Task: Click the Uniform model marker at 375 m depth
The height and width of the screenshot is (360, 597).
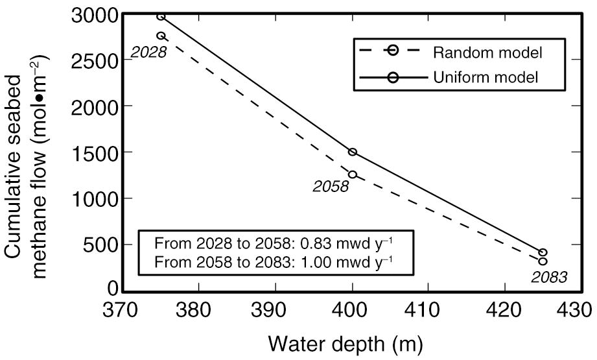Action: [x=161, y=16]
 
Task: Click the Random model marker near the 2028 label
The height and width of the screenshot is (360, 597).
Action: [x=161, y=36]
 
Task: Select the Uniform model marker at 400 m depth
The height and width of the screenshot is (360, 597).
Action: [x=353, y=152]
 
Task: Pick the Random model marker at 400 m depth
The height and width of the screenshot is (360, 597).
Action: [x=353, y=174]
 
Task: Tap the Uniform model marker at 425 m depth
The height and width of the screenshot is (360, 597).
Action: [x=543, y=252]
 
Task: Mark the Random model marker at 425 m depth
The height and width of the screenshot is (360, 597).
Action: [x=543, y=261]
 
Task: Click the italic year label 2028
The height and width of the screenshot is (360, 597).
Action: [x=149, y=52]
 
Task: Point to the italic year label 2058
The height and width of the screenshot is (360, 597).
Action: [x=331, y=187]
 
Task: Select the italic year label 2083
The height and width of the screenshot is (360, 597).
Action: [x=549, y=277]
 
